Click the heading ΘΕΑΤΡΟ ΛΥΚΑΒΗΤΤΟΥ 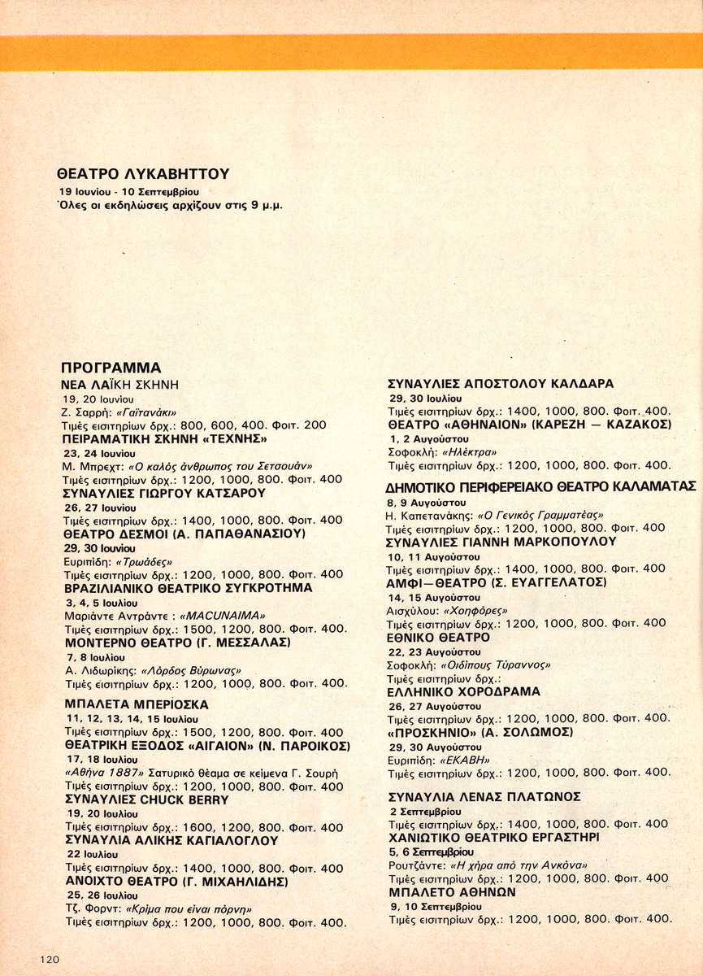point(143,173)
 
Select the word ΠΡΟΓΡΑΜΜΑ point(111,368)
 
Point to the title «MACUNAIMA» point(222,616)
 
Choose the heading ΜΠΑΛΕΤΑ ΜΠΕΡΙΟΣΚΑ point(136,704)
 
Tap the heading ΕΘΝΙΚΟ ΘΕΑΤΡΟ point(439,638)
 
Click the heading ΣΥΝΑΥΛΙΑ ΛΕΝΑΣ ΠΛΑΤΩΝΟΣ point(485,796)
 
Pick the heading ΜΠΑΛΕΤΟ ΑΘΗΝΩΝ point(453,892)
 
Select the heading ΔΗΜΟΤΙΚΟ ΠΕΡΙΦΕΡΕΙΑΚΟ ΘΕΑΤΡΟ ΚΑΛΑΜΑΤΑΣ point(540,486)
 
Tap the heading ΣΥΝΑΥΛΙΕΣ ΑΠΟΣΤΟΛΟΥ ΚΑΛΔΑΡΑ point(501,384)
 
